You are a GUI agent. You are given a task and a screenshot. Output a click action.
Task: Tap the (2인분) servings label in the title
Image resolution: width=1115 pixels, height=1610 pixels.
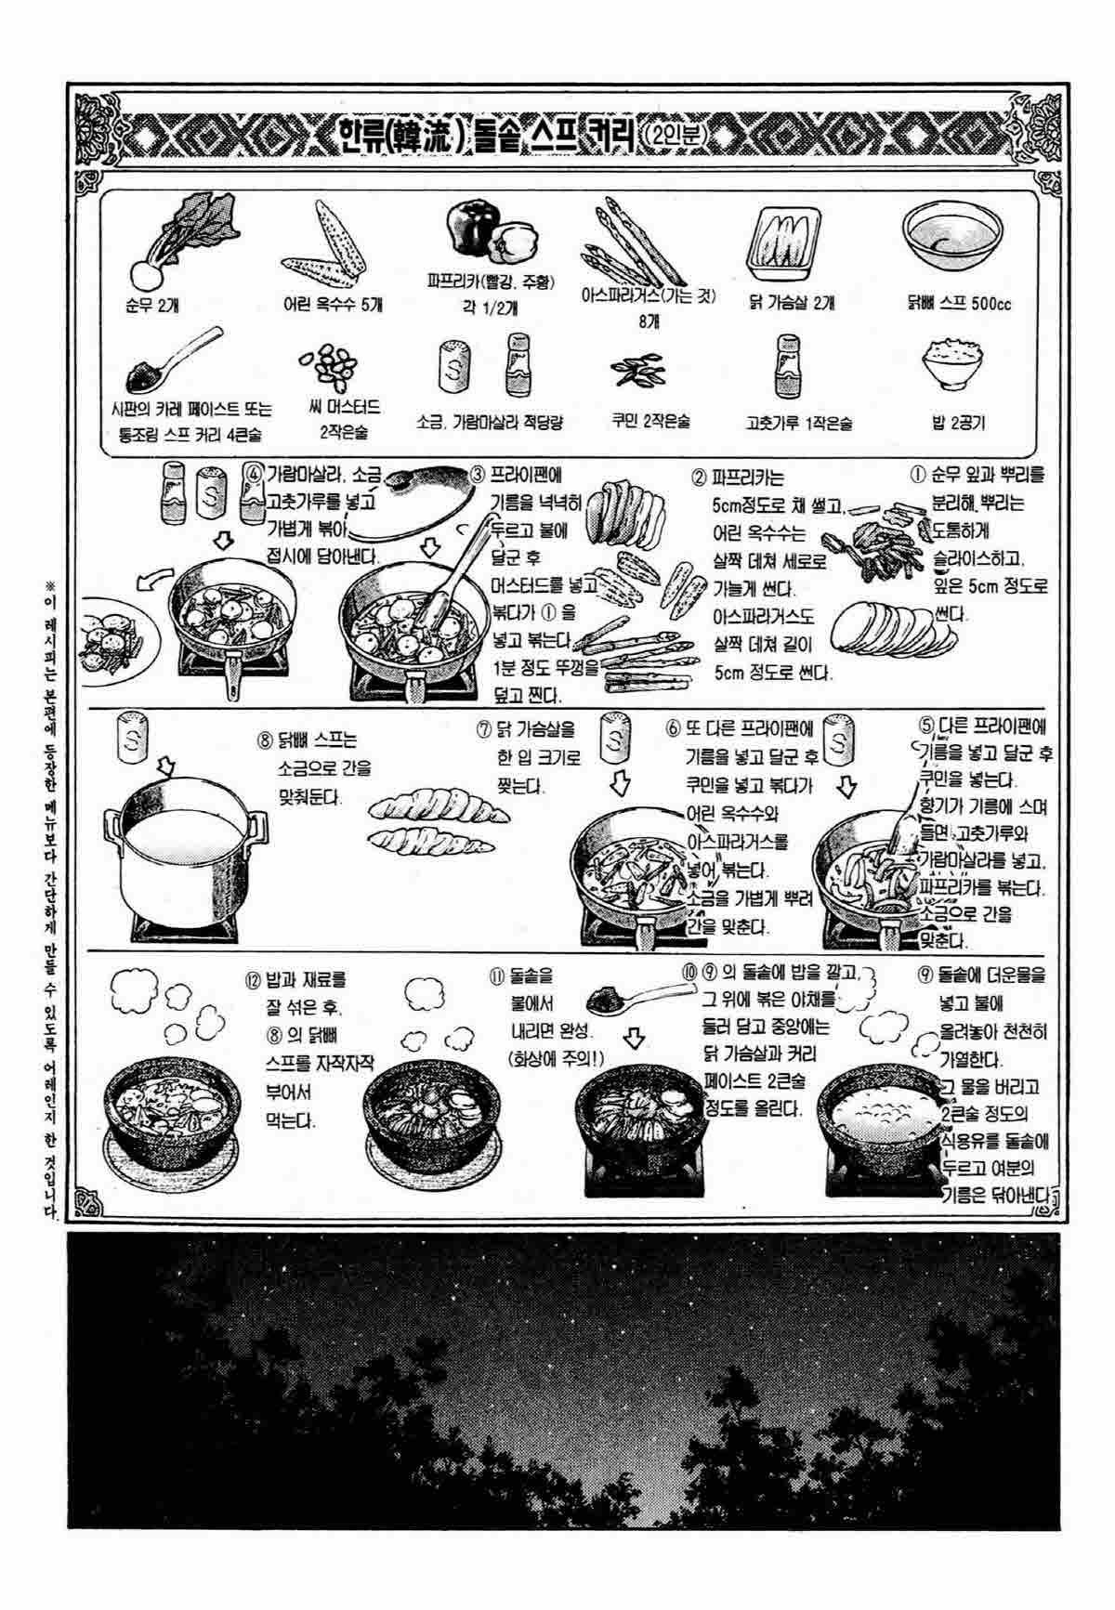tap(672, 137)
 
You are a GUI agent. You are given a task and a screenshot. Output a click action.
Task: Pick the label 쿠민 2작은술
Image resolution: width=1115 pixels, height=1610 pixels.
tap(650, 421)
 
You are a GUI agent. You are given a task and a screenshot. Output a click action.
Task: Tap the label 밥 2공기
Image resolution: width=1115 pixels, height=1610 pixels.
tap(958, 423)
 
